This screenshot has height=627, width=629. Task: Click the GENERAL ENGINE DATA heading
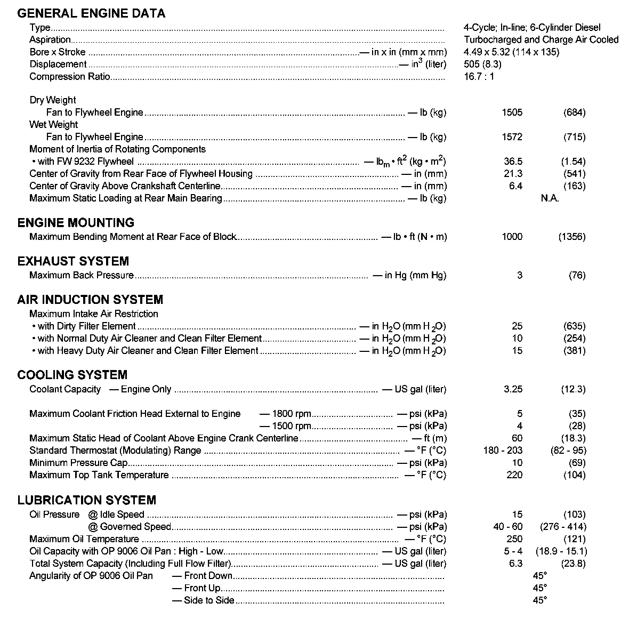click(x=91, y=13)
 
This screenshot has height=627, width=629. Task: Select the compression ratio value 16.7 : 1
click(x=479, y=76)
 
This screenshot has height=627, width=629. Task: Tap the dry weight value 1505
click(x=512, y=112)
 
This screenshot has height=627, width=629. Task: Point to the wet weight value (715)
click(x=574, y=137)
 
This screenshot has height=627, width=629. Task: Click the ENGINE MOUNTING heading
click(x=76, y=223)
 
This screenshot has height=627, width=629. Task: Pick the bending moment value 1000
click(x=512, y=237)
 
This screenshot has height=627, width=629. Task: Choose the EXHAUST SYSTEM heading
click(x=73, y=261)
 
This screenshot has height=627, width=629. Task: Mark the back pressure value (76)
click(x=577, y=275)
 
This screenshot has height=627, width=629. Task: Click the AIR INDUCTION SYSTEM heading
click(x=90, y=300)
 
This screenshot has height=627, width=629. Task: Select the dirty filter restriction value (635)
click(x=574, y=326)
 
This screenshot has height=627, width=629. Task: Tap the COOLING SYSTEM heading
click(x=72, y=375)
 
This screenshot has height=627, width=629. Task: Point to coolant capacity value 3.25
click(x=513, y=389)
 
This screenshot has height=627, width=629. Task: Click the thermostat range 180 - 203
click(x=503, y=451)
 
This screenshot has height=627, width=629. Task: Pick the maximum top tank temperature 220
click(x=514, y=475)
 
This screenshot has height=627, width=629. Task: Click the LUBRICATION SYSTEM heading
click(x=87, y=500)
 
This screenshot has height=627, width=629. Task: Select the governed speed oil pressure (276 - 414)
click(x=563, y=527)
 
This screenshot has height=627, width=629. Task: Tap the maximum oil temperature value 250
click(x=514, y=539)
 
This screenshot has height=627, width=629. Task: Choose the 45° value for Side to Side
click(x=539, y=600)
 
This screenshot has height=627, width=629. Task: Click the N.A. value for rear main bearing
click(x=550, y=198)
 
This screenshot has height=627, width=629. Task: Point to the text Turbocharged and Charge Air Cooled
click(x=541, y=39)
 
